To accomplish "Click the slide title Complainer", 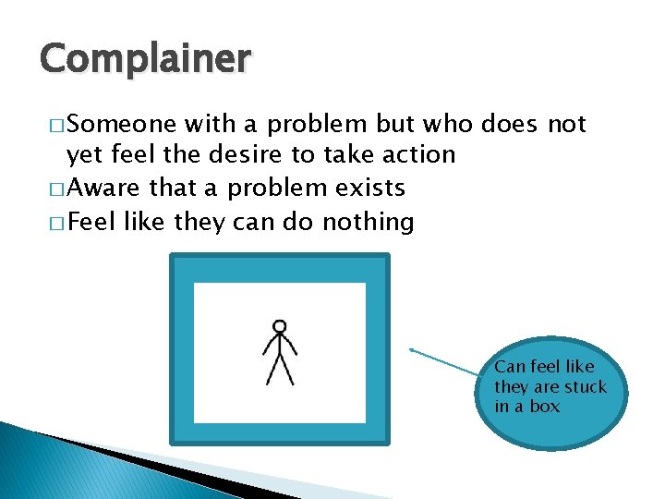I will [145, 59].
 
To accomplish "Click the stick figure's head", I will [279, 326].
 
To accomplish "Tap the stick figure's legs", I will [280, 370].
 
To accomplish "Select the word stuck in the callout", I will [585, 386].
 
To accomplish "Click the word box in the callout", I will [545, 406].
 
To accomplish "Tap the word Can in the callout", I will [510, 367].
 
